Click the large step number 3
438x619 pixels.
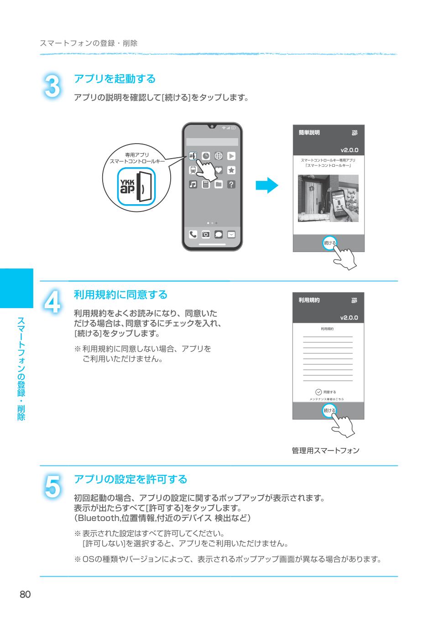pyautogui.click(x=52, y=87)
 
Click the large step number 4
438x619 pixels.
pyautogui.click(x=52, y=303)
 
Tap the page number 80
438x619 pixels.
pyautogui.click(x=25, y=594)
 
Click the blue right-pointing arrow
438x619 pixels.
pyautogui.click(x=267, y=186)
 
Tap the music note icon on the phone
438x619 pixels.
pyautogui.click(x=193, y=184)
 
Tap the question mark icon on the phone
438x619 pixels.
pyautogui.click(x=231, y=184)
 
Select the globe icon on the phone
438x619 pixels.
pyautogui.click(x=219, y=156)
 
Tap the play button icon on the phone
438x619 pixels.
pyautogui.click(x=231, y=156)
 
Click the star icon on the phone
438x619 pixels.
pyautogui.click(x=231, y=170)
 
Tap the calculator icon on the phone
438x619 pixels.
pyautogui.click(x=206, y=184)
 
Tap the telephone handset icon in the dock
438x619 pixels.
pyautogui.click(x=193, y=234)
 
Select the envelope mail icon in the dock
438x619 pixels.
pyautogui.click(x=231, y=234)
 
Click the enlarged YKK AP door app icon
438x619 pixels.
pyautogui.click(x=136, y=187)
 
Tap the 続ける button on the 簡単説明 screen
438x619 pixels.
pyautogui.click(x=329, y=242)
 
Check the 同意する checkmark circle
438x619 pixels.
pyautogui.click(x=318, y=392)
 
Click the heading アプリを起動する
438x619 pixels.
pyautogui.click(x=115, y=79)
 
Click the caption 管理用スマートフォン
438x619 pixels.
pyautogui.click(x=325, y=450)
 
